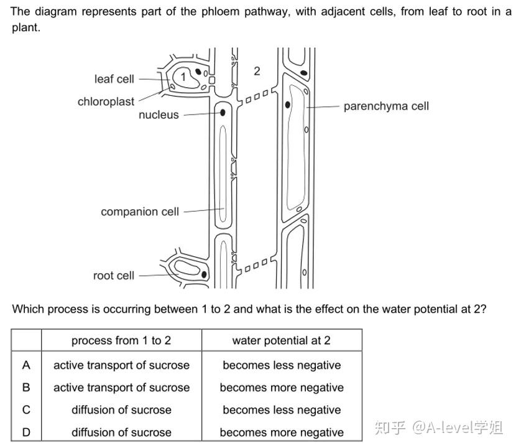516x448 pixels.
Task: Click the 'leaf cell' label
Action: pyautogui.click(x=114, y=79)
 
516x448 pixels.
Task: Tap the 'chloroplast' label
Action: pyautogui.click(x=106, y=101)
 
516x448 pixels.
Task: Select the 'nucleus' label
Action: pyautogui.click(x=159, y=114)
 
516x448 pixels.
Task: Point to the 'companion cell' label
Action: pyautogui.click(x=140, y=212)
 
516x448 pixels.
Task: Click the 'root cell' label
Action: pyautogui.click(x=113, y=275)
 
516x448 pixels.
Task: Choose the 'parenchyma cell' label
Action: pyautogui.click(x=386, y=106)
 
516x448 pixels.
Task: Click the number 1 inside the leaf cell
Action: pyautogui.click(x=183, y=76)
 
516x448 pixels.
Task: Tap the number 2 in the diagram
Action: pyautogui.click(x=257, y=71)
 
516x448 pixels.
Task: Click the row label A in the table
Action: pyautogui.click(x=26, y=365)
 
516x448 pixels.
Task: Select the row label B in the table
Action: pyautogui.click(x=26, y=388)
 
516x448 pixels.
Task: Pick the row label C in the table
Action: pyautogui.click(x=26, y=410)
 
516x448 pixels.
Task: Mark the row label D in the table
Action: pyautogui.click(x=26, y=432)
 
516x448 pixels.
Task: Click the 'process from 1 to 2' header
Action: pyautogui.click(x=121, y=340)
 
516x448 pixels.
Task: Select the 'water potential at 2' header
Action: pyautogui.click(x=282, y=340)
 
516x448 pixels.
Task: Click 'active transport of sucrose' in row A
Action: pyautogui.click(x=121, y=365)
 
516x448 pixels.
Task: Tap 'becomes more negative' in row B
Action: pyautogui.click(x=282, y=388)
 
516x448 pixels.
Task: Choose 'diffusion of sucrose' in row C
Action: pyautogui.click(x=121, y=410)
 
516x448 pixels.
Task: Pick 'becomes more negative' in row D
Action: pyautogui.click(x=282, y=432)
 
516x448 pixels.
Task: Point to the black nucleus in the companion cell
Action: pyautogui.click(x=223, y=113)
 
